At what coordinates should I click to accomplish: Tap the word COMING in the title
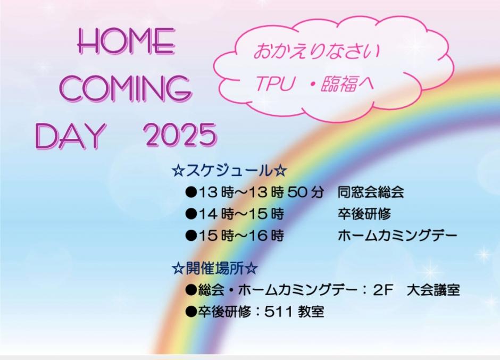[x=126, y=88]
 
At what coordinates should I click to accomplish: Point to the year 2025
[x=180, y=135]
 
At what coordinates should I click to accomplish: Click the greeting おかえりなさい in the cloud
[x=317, y=52]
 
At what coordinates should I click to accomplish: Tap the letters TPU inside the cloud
[x=274, y=83]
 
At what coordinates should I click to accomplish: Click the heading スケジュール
[x=229, y=171]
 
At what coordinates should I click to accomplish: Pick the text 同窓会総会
[x=371, y=192]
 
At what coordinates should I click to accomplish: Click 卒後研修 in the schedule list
[x=364, y=214]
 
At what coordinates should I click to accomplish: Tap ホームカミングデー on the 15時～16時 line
[x=397, y=236]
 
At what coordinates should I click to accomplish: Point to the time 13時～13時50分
[x=261, y=192]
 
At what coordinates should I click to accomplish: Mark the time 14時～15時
[x=241, y=214]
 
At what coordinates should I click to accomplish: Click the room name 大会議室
[x=434, y=290]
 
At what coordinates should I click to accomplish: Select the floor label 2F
[x=382, y=290]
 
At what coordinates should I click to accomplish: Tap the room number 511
[x=278, y=312]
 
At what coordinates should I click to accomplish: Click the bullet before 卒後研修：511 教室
[x=191, y=312]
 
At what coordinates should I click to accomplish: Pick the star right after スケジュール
[x=280, y=171]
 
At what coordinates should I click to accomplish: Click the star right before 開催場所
[x=178, y=269]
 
